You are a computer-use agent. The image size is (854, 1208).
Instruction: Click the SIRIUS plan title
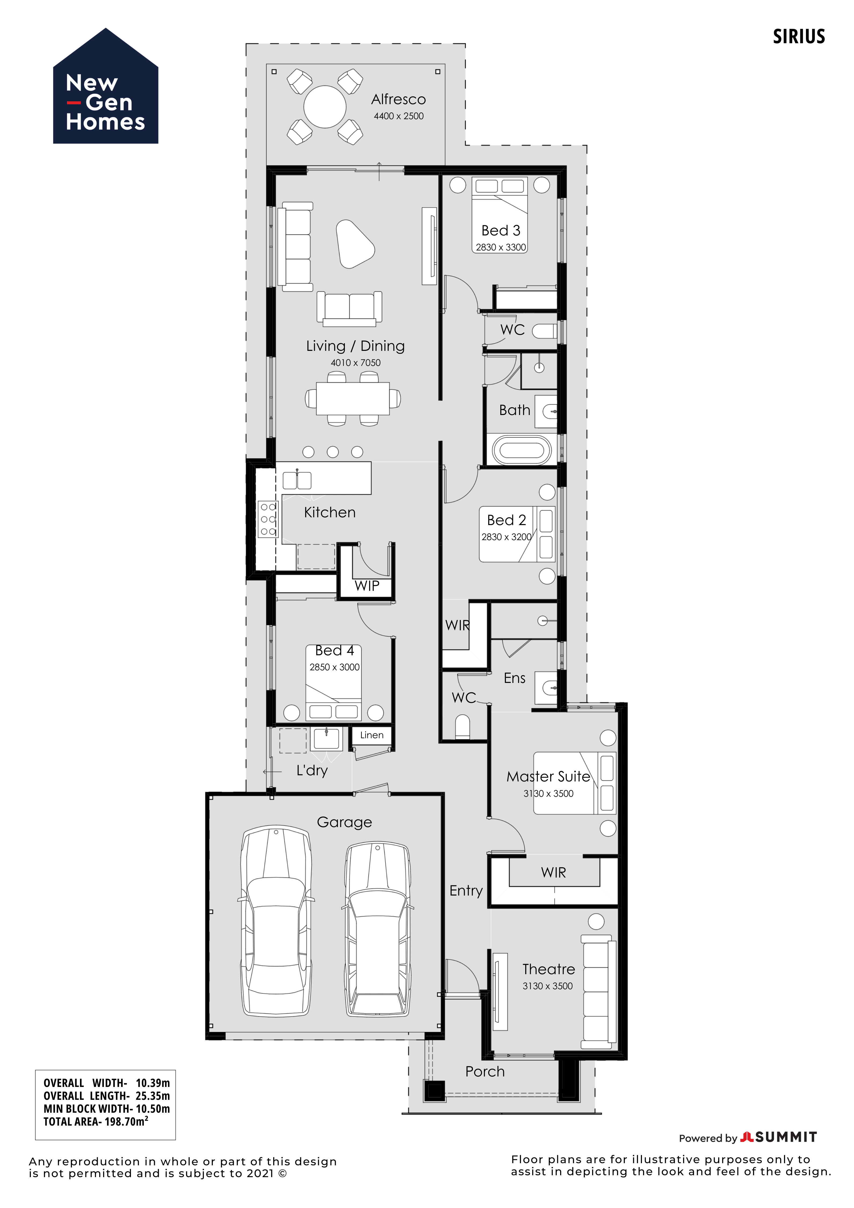click(x=799, y=36)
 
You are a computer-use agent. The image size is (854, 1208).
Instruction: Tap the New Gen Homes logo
click(x=106, y=86)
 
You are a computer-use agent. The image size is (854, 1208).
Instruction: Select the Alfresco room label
click(x=399, y=99)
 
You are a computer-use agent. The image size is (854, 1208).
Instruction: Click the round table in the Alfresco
click(x=324, y=107)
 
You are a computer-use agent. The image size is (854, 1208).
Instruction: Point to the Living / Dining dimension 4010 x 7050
click(x=356, y=362)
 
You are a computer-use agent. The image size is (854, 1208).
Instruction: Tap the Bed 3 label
click(x=501, y=230)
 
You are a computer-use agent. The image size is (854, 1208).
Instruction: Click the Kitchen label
click(x=330, y=512)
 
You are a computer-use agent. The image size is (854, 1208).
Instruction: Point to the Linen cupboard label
click(x=372, y=735)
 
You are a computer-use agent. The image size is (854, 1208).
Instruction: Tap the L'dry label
click(x=312, y=771)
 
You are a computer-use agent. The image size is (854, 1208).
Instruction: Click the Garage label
click(x=344, y=822)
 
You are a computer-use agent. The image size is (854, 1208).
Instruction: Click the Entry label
click(x=466, y=891)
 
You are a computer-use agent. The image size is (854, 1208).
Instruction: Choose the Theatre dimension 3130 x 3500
click(x=548, y=986)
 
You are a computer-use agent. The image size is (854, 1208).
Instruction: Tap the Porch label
click(x=485, y=1072)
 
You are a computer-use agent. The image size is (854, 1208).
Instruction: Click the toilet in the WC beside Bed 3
click(x=544, y=331)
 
